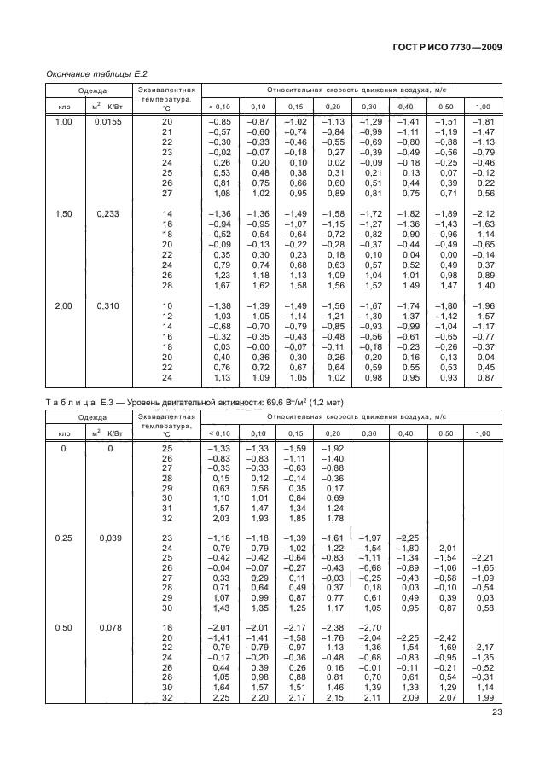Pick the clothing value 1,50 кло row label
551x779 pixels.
coord(63,212)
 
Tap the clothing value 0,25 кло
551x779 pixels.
coord(63,538)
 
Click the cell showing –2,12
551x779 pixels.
coord(484,212)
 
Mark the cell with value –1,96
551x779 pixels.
coord(484,305)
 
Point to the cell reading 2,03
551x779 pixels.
coord(222,517)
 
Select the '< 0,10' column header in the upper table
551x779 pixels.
coord(220,106)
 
